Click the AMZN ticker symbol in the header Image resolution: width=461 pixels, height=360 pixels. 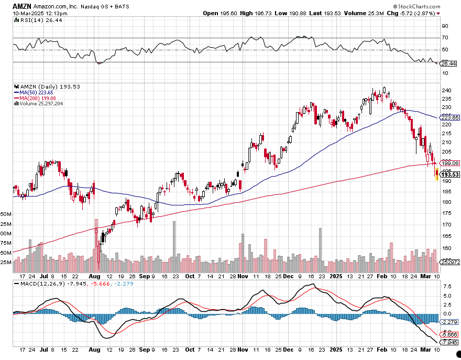(x=21, y=5)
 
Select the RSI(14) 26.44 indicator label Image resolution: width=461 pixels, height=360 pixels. (x=34, y=20)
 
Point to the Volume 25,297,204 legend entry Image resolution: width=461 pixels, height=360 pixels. (x=42, y=103)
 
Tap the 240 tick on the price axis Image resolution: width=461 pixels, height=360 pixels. (x=447, y=90)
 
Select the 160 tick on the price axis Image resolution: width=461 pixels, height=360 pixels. (x=447, y=248)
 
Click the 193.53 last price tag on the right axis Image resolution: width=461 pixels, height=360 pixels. (x=449, y=174)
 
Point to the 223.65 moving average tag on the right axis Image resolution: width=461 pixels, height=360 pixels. (x=449, y=118)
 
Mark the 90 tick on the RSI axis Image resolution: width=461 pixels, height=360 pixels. (x=445, y=26)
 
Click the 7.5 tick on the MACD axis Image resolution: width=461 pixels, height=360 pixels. (x=446, y=287)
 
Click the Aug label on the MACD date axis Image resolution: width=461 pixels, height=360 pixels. (x=94, y=349)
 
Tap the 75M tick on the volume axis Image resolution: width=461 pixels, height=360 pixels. (x=6, y=243)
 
